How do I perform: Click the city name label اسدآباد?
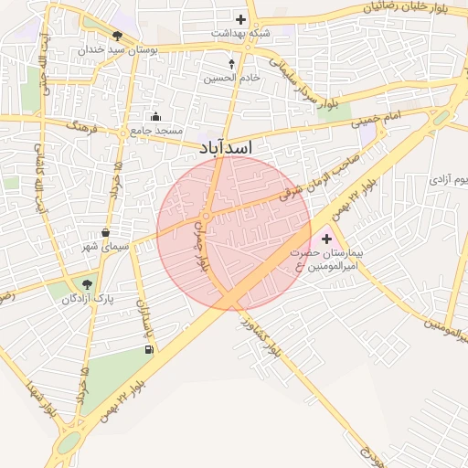(x=225, y=146)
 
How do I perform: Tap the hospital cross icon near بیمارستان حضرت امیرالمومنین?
(x=326, y=239)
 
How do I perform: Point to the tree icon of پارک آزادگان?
(x=88, y=284)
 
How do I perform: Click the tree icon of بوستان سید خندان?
(x=116, y=37)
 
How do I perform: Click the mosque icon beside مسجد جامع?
(x=155, y=116)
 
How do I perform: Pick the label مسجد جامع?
(x=152, y=131)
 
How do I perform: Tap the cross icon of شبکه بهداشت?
(x=240, y=18)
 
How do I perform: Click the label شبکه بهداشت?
(x=240, y=32)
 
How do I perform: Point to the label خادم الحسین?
(x=232, y=79)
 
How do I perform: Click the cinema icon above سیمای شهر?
(x=106, y=232)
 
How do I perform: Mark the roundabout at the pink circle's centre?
(x=207, y=217)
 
